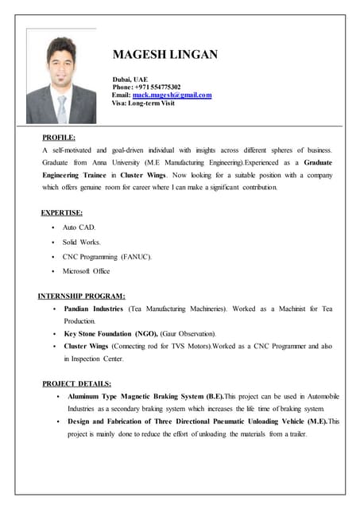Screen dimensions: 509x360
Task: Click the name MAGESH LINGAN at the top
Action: [165, 55]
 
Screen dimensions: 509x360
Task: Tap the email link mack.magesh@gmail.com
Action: [172, 95]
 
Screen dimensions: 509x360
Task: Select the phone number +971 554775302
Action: [157, 87]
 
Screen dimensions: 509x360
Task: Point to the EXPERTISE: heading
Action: [62, 212]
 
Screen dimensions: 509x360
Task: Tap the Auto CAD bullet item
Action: [79, 227]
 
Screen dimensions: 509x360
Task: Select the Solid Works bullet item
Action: [82, 242]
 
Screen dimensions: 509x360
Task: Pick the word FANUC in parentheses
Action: [136, 257]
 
